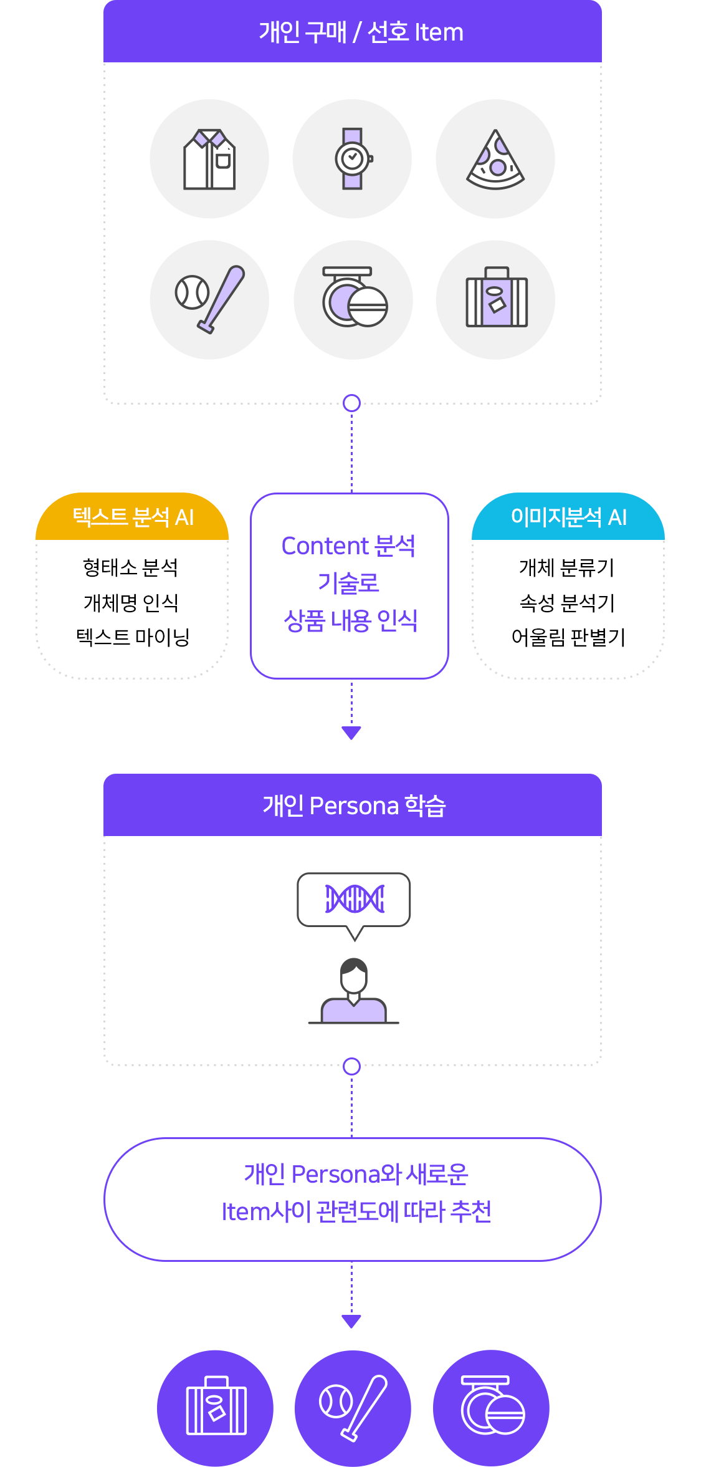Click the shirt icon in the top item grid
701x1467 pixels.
coord(209,159)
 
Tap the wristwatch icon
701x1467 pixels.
coord(353,158)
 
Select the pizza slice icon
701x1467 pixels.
coord(495,160)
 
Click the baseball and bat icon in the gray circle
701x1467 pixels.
coord(210,300)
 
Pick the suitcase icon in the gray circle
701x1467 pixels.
coord(497,299)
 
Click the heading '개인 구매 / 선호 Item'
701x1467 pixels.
coord(361,32)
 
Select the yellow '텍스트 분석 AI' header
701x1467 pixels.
coord(133,517)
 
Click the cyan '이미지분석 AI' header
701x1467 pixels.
coord(568,517)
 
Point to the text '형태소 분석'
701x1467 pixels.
coord(131,567)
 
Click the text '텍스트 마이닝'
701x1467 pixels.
coord(132,637)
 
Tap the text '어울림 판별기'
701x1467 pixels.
coord(568,637)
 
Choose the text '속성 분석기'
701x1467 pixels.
coord(567,602)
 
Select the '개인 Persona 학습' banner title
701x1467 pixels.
coord(354,806)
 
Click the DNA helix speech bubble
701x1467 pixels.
coord(354,900)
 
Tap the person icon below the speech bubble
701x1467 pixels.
coord(353,991)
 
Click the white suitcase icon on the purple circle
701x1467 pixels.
coord(216,1407)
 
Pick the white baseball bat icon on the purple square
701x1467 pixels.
coord(353,1407)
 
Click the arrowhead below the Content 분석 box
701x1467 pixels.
coord(351,733)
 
